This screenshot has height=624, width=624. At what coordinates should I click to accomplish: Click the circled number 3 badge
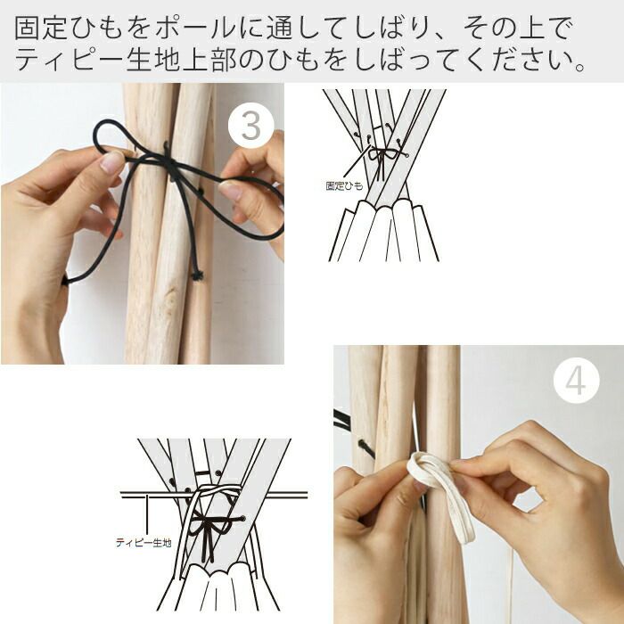[x=251, y=126]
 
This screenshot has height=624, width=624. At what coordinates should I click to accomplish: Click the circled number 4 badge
[x=576, y=381]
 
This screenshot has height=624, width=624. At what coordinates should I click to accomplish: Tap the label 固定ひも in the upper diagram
[x=345, y=185]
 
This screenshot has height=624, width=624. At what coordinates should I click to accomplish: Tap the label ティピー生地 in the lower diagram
[x=144, y=542]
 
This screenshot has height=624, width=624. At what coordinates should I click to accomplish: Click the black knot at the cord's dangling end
[x=197, y=275]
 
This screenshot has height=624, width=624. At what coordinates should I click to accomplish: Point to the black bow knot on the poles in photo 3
[x=170, y=162]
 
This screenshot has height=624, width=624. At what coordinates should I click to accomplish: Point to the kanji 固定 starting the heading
[x=42, y=29]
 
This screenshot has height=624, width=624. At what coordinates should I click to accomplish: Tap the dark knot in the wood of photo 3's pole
[x=174, y=293]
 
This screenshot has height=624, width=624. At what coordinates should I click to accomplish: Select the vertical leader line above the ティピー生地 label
[x=148, y=514]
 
